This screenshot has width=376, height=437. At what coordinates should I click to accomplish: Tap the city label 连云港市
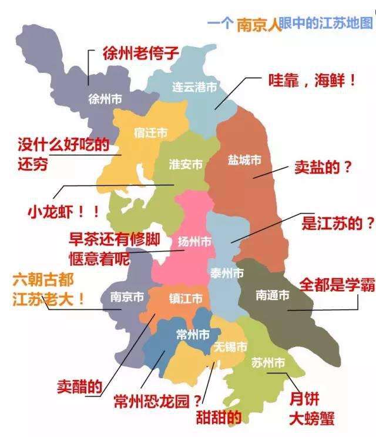click(194, 87)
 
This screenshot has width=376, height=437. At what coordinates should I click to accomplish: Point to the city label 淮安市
click(186, 164)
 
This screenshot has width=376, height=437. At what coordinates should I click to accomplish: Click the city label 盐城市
click(244, 160)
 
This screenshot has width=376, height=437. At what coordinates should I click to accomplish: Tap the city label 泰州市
click(227, 273)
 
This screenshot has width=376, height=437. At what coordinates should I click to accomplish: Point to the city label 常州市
click(193, 335)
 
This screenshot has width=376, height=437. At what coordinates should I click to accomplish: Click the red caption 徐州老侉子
click(140, 54)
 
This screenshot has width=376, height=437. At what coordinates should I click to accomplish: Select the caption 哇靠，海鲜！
click(312, 81)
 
